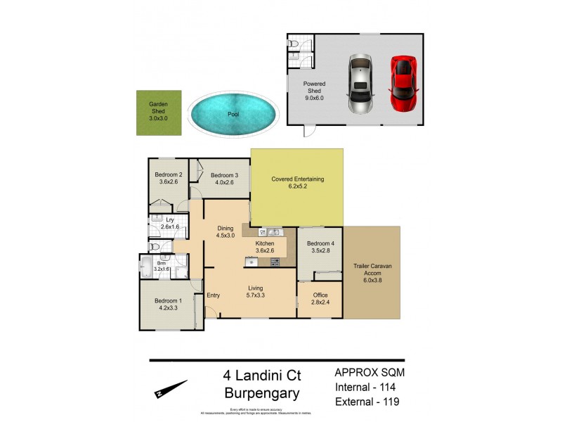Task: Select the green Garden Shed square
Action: click(158, 113)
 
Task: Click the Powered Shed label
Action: click(314, 87)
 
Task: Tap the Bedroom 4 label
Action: click(318, 248)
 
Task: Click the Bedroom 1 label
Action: click(168, 304)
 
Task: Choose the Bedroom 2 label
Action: click(169, 179)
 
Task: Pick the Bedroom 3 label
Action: click(224, 179)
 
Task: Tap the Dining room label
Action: click(225, 232)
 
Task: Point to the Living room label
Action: click(255, 291)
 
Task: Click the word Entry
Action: click(213, 295)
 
